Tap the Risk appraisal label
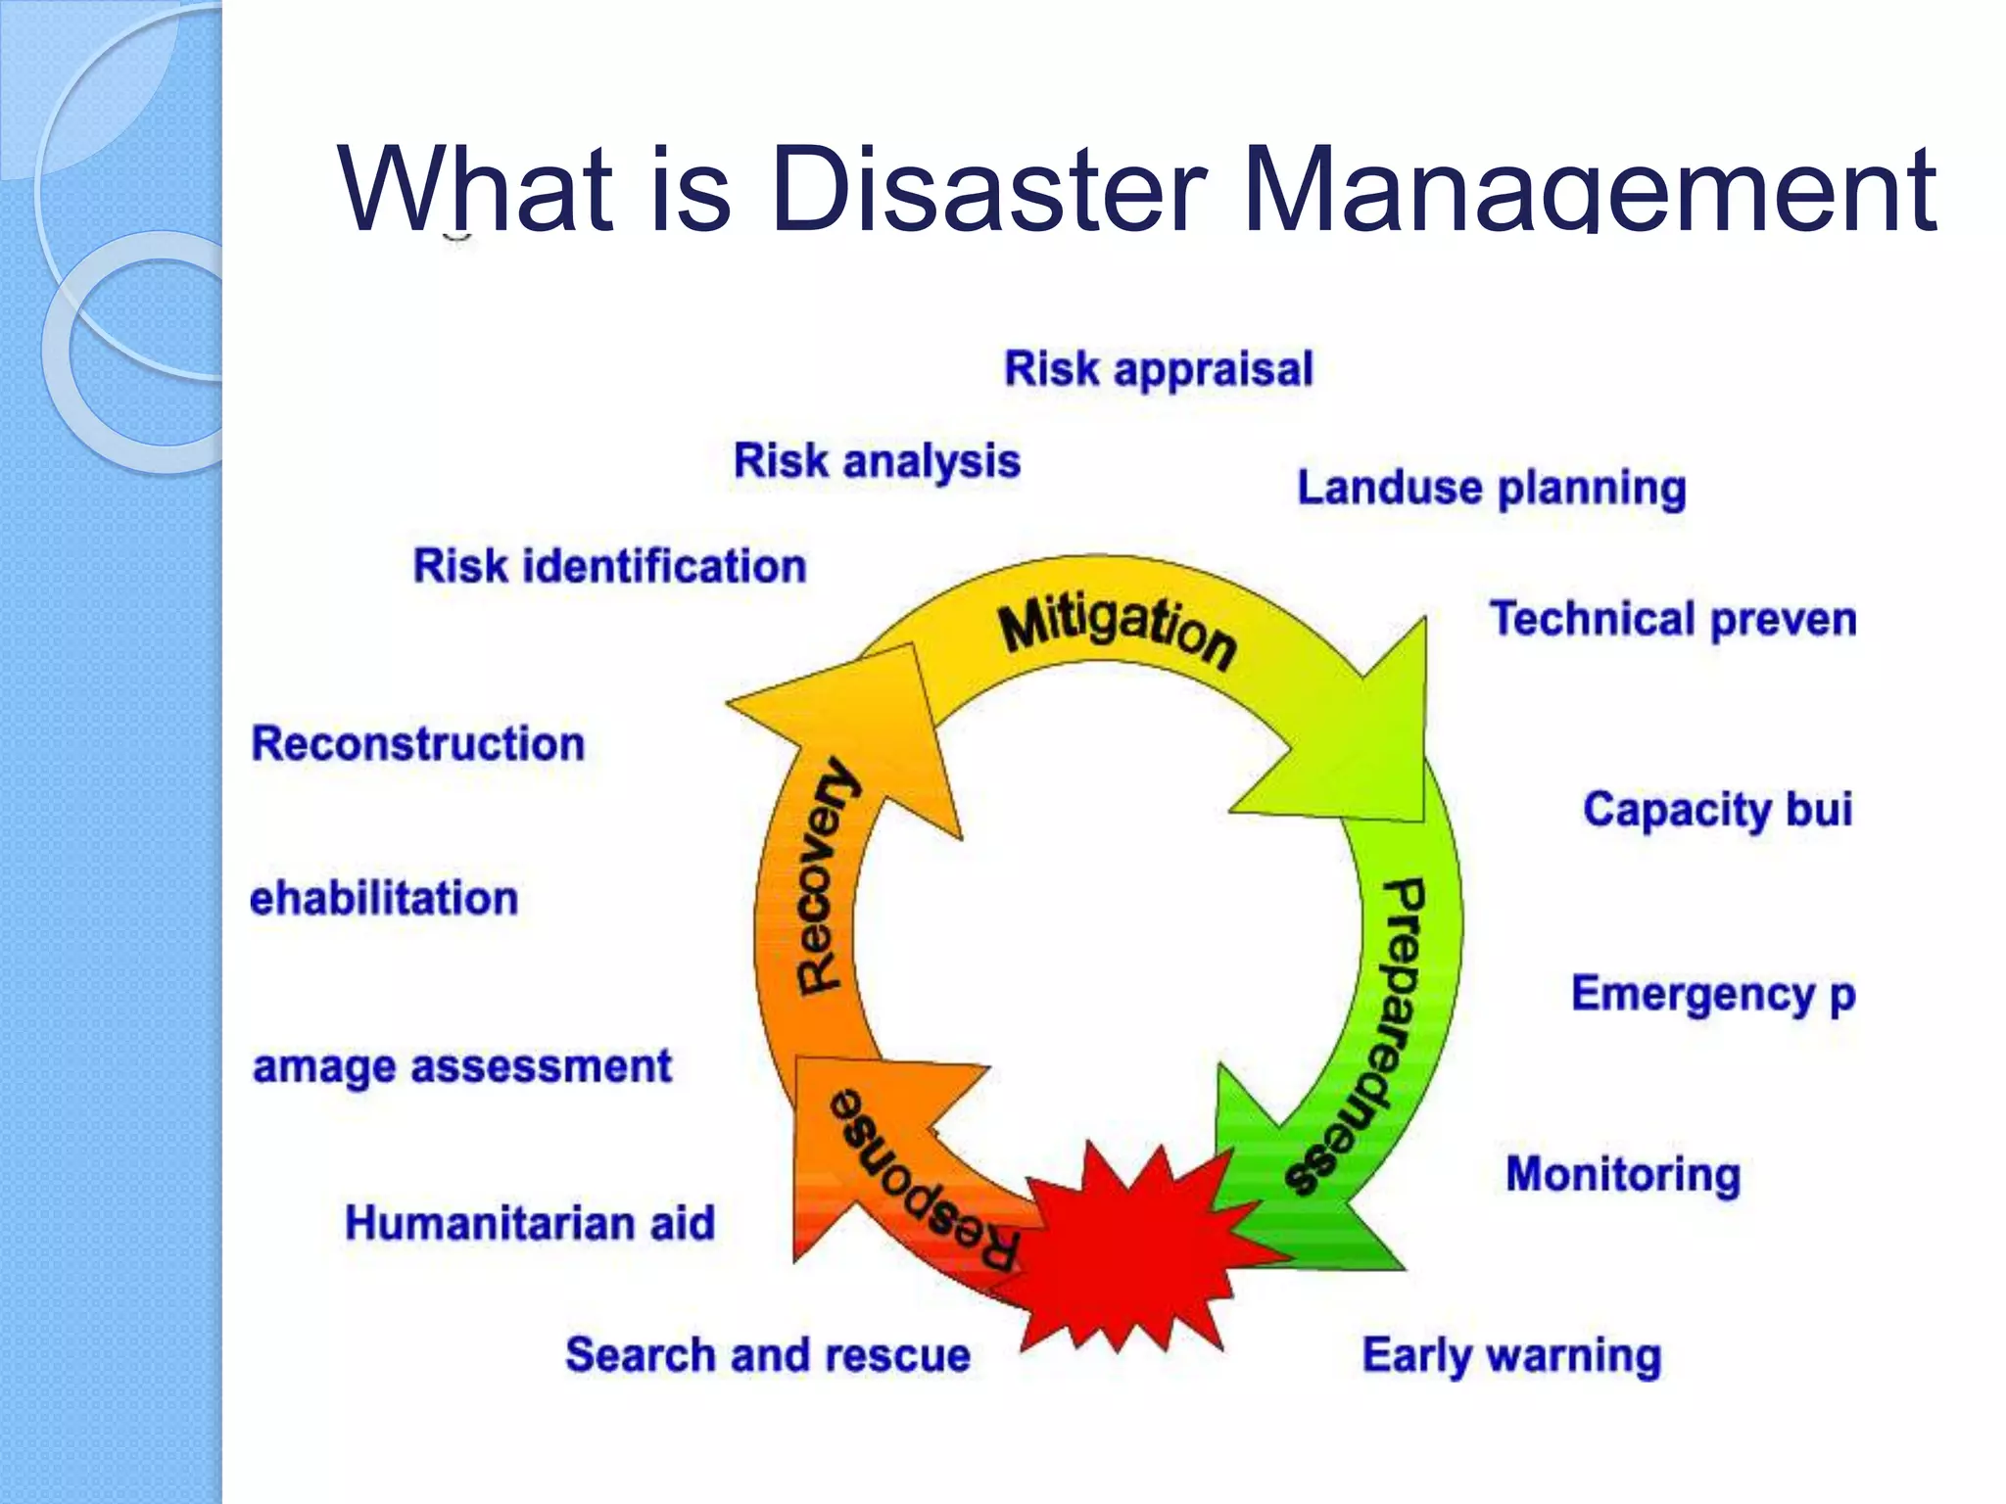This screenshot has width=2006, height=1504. tap(1158, 369)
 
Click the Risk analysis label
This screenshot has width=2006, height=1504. tap(877, 461)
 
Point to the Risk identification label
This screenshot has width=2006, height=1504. tap(609, 566)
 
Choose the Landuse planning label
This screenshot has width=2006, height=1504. tap(1491, 488)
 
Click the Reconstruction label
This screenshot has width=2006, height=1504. tap(418, 743)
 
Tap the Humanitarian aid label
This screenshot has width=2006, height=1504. tap(530, 1223)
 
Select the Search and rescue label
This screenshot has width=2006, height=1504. tap(768, 1355)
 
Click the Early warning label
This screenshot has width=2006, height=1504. tap(1511, 1356)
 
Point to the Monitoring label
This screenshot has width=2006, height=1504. tap(1623, 1174)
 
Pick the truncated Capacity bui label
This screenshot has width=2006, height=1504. tap(1717, 810)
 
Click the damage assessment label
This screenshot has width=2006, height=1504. tap(462, 1066)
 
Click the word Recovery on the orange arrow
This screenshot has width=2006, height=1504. tap(826, 876)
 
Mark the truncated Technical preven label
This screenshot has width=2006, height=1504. tap(1672, 620)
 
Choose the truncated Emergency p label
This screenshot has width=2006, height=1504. tap(1713, 994)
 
